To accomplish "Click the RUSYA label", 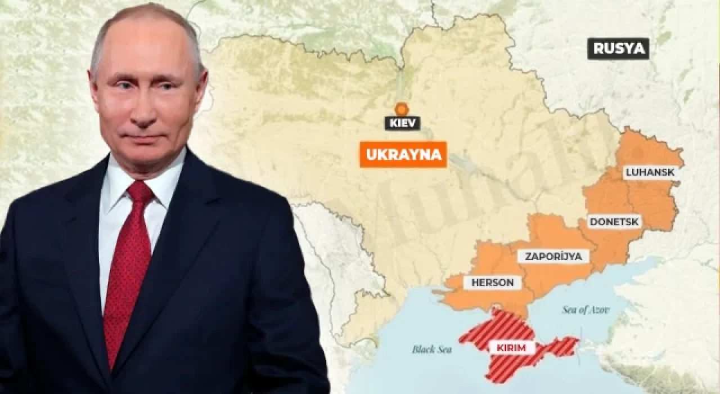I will point(618,48).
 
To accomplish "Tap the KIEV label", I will point(402,123).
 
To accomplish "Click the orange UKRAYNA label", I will point(403,154).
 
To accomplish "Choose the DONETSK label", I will point(614,222).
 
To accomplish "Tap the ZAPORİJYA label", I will point(553,256).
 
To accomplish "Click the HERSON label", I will point(492,283).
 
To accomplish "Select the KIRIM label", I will point(511,347).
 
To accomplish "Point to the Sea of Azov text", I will point(586,310).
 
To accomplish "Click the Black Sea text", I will point(431,349).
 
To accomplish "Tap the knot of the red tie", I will point(140,192).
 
